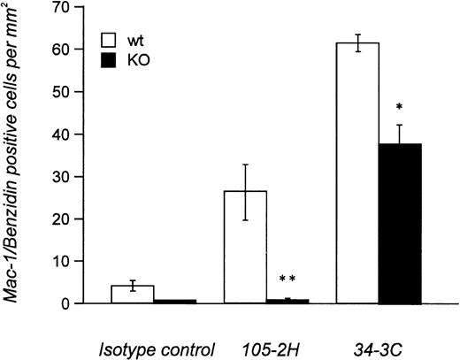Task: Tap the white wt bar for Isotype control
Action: [x=133, y=295]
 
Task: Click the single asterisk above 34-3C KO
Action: [x=400, y=107]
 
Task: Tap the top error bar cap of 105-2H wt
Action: [x=245, y=165]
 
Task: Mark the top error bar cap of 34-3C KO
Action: [x=400, y=125]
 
